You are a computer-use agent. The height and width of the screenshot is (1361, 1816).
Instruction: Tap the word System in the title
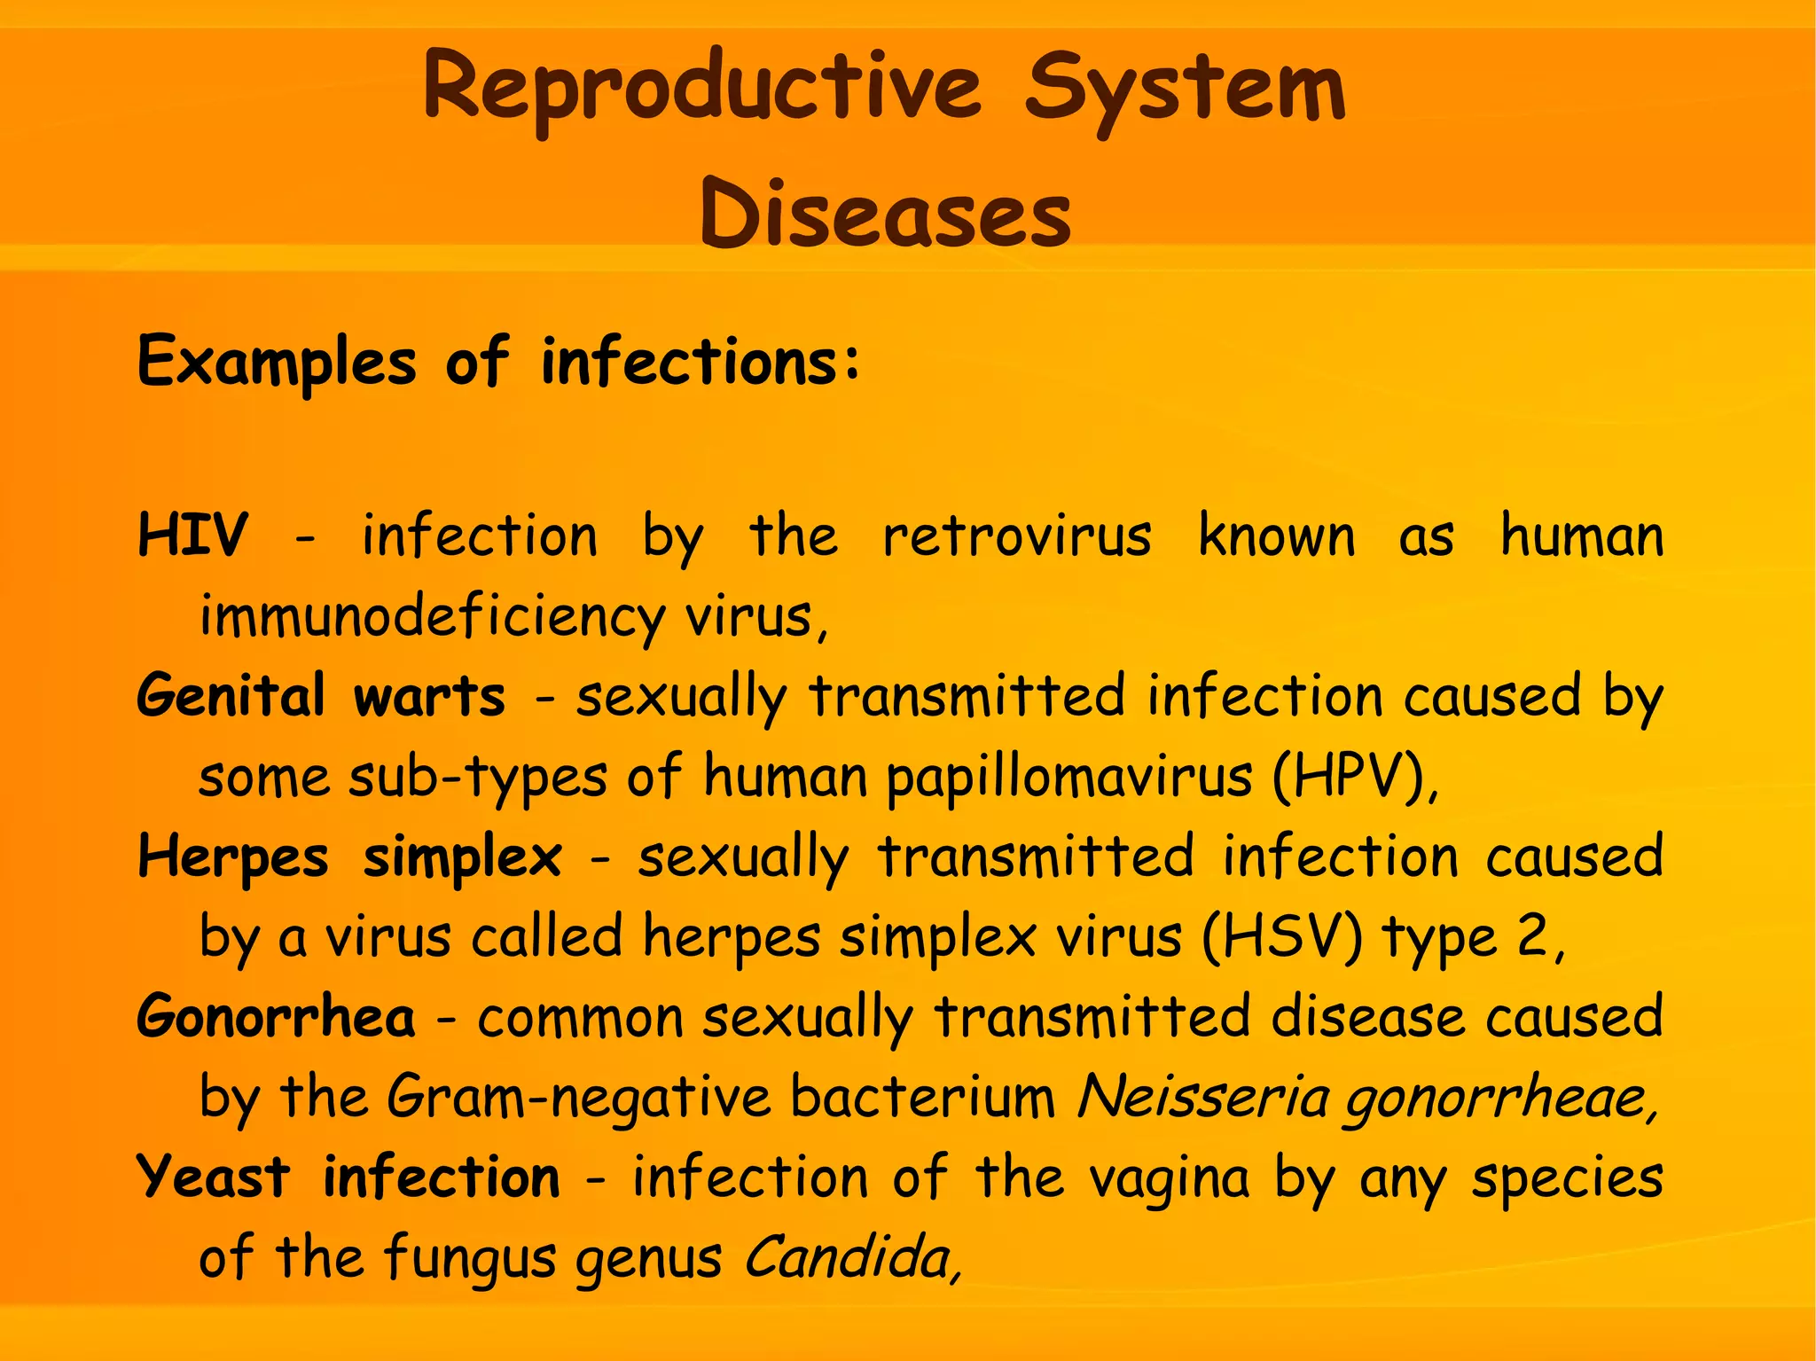[x=1185, y=89]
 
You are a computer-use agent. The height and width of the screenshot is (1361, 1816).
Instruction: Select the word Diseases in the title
[x=885, y=214]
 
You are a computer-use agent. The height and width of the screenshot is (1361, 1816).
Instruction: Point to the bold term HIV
[x=192, y=536]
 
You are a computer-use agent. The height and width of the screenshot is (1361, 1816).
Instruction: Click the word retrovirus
[x=1016, y=536]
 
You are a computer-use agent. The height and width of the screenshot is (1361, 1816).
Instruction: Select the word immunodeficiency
[x=432, y=616]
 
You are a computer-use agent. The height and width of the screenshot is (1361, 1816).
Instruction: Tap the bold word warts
[x=429, y=696]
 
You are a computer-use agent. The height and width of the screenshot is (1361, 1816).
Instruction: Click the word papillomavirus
[x=1069, y=778]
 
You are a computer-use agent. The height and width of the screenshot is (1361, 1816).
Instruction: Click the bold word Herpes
[x=233, y=857]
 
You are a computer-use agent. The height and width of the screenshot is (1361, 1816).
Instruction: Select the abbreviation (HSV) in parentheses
[x=1281, y=937]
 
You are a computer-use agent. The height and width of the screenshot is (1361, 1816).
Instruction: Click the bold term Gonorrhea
[x=276, y=1017]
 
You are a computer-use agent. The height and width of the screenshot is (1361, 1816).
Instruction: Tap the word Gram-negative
[x=579, y=1098]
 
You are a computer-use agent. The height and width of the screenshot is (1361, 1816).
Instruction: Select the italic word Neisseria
[x=1202, y=1098]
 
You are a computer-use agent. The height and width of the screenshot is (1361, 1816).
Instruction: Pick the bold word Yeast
[x=214, y=1177]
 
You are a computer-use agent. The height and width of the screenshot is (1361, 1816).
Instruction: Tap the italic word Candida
[x=847, y=1257]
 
